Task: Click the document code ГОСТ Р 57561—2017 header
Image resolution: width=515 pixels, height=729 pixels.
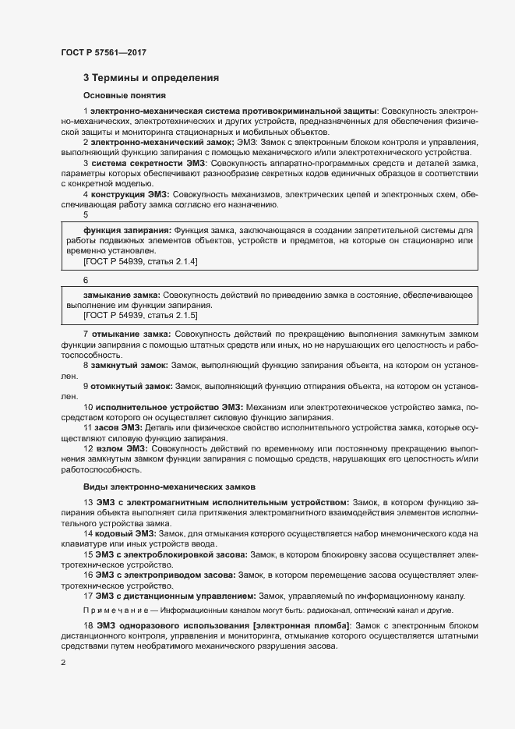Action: [x=103, y=52]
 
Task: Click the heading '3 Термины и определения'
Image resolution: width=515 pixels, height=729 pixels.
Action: [x=150, y=78]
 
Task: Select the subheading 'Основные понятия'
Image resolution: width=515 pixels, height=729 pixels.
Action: [x=124, y=96]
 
